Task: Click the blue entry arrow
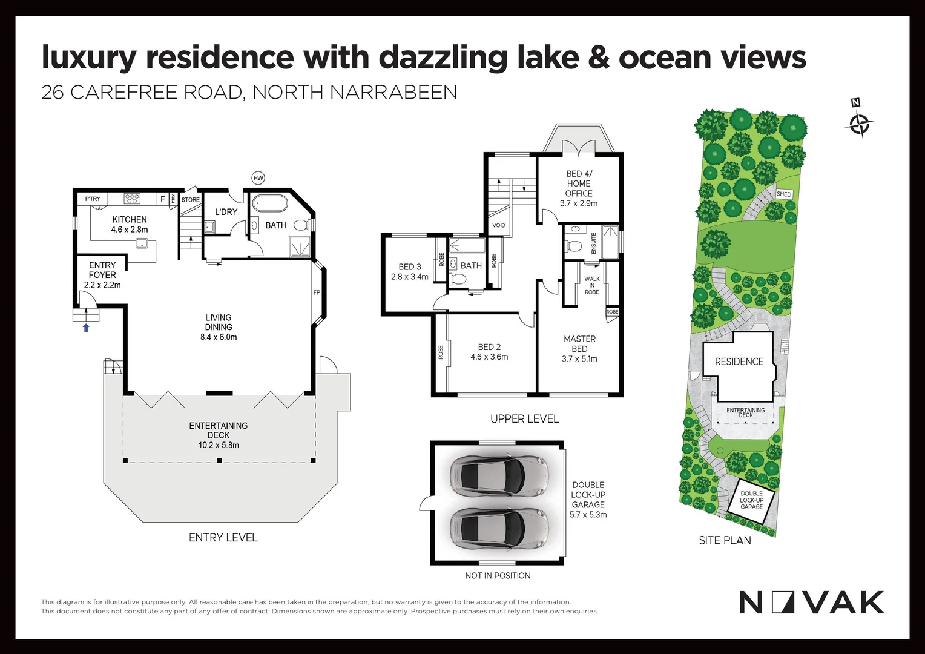pyautogui.click(x=86, y=328)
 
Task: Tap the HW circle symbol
pyautogui.click(x=258, y=178)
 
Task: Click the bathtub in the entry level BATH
pyautogui.click(x=269, y=203)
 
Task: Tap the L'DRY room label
pyautogui.click(x=226, y=212)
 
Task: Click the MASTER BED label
pyautogui.click(x=580, y=344)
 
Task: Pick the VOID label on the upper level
pyautogui.click(x=499, y=225)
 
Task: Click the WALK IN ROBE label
pyautogui.click(x=592, y=286)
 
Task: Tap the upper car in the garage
pyautogui.click(x=499, y=474)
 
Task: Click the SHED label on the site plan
pyautogui.click(x=784, y=194)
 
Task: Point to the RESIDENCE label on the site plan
pyautogui.click(x=739, y=362)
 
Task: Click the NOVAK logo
pyautogui.click(x=812, y=603)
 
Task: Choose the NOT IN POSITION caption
pyautogui.click(x=498, y=576)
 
